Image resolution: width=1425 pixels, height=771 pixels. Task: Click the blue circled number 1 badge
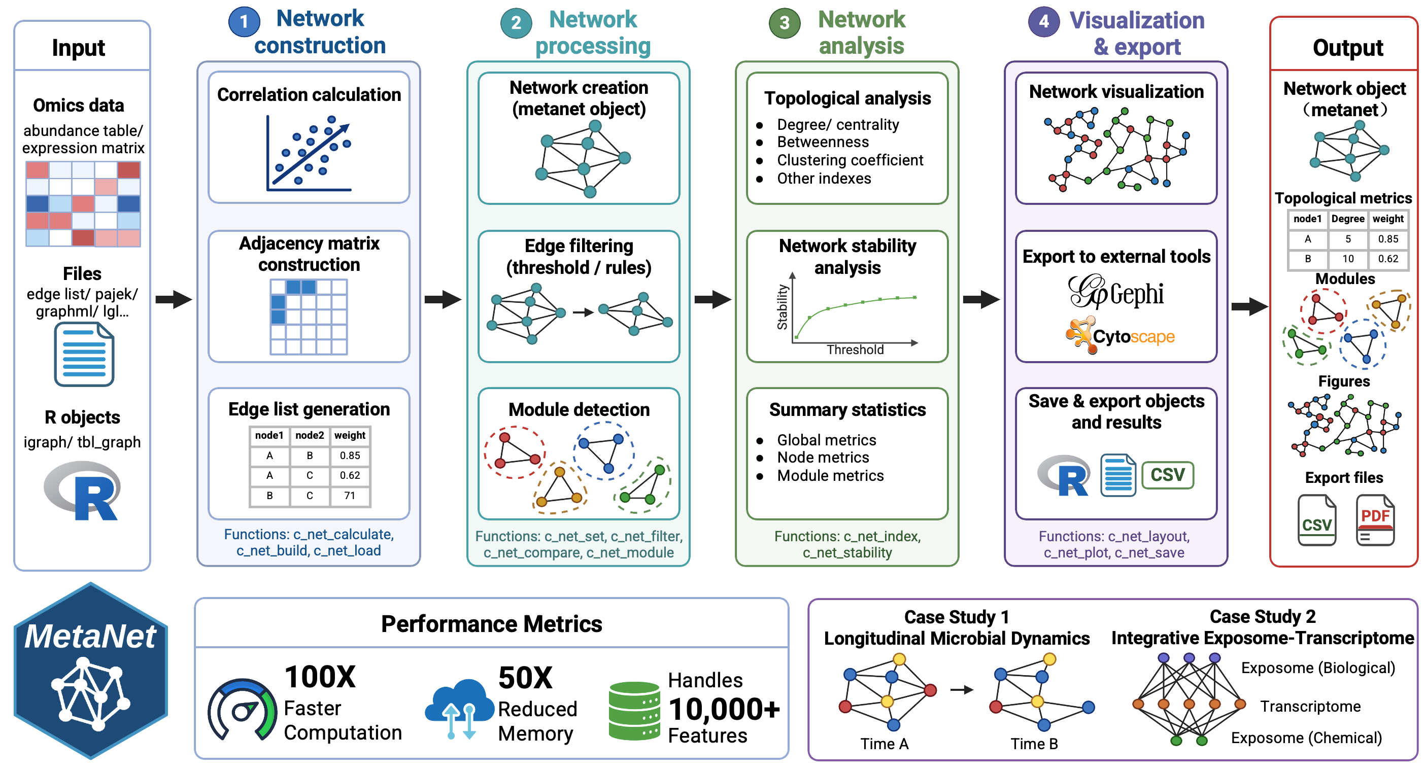(x=244, y=22)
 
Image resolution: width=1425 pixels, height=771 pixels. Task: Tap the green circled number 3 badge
(x=785, y=23)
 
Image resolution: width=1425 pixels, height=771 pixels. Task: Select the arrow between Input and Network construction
(x=173, y=299)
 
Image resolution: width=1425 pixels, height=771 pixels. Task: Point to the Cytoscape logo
(x=1121, y=335)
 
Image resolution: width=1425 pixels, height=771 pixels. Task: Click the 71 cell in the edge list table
(x=350, y=496)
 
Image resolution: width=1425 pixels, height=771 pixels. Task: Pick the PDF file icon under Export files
(x=1375, y=520)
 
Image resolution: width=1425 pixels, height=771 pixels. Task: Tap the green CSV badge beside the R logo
(x=1168, y=475)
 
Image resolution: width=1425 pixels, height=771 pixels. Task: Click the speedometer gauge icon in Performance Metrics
(x=242, y=709)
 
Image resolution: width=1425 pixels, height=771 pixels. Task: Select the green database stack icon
(x=634, y=711)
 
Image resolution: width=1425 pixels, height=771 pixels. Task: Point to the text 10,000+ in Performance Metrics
(x=724, y=709)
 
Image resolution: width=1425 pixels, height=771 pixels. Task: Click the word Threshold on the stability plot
(x=855, y=349)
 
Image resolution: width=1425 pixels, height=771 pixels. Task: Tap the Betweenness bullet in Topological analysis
(x=823, y=142)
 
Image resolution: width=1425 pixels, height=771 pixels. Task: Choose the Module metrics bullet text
(x=830, y=476)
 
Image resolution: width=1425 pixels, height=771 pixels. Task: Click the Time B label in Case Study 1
(x=1034, y=744)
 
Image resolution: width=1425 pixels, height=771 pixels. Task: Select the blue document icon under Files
(x=84, y=355)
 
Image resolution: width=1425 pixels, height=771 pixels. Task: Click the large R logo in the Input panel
(x=83, y=490)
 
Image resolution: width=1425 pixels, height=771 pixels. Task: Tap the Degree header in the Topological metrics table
(x=1347, y=219)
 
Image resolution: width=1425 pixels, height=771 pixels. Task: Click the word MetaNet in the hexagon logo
(x=90, y=636)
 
